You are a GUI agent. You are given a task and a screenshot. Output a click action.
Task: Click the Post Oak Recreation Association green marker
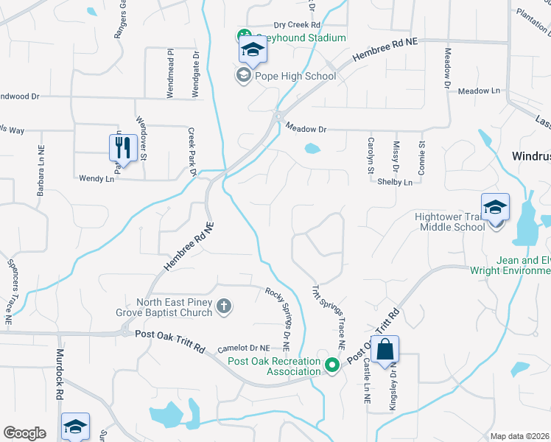tap(332, 364)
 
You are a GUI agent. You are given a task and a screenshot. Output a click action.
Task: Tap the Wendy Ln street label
tap(96, 178)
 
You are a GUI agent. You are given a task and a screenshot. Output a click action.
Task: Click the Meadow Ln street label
tap(478, 91)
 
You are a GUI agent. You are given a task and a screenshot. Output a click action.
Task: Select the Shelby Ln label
tap(395, 181)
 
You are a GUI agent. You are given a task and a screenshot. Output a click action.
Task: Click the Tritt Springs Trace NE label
tap(329, 317)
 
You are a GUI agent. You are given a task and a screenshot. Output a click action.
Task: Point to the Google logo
tap(25, 433)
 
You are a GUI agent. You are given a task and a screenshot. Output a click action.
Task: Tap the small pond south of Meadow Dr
tap(312, 149)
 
